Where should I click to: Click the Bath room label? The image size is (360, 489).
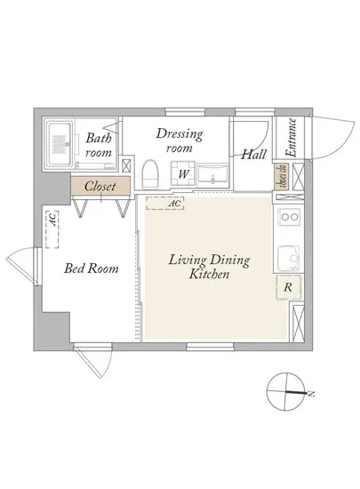click(x=99, y=145)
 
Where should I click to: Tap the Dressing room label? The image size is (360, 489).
click(x=180, y=140)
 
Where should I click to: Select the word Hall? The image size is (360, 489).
click(x=254, y=155)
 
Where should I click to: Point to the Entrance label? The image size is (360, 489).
click(x=292, y=137)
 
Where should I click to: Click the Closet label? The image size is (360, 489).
click(x=100, y=187)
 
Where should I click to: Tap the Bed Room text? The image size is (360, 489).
click(x=91, y=269)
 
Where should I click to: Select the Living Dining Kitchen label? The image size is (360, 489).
click(x=209, y=267)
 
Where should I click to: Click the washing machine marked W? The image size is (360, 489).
click(x=183, y=173)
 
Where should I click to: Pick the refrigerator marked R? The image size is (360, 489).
click(x=288, y=287)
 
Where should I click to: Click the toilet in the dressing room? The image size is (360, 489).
click(x=150, y=174)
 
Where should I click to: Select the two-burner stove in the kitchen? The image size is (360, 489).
click(x=289, y=216)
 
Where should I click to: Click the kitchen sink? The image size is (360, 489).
click(x=289, y=259)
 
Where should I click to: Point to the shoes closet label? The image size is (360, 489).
click(x=282, y=177)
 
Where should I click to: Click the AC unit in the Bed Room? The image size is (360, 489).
click(x=52, y=229)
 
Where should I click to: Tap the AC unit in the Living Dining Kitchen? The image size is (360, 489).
click(x=164, y=203)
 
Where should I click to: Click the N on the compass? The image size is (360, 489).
click(x=311, y=394)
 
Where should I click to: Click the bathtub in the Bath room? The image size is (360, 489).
click(x=60, y=144)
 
